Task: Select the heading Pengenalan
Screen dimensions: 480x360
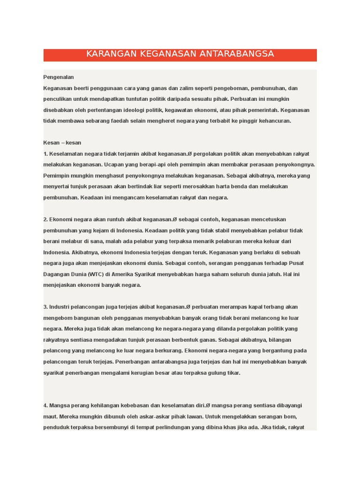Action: (x=59, y=77)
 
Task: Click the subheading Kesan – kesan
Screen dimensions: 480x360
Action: (x=62, y=143)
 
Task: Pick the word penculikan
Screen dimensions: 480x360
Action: (x=59, y=99)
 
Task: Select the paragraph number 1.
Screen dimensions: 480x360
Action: (x=45, y=154)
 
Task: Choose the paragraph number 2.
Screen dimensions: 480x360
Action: (x=45, y=219)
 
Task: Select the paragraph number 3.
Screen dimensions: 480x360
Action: (x=45, y=307)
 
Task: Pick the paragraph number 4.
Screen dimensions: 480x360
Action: (x=45, y=405)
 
